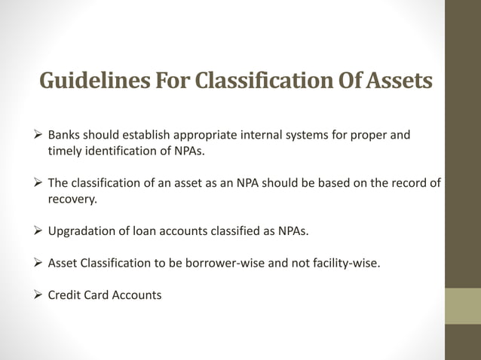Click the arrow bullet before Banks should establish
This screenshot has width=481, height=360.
coord(40,136)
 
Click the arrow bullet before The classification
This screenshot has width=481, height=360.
coord(40,182)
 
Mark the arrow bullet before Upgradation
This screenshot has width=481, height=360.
coord(40,230)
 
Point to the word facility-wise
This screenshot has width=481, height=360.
coord(348,263)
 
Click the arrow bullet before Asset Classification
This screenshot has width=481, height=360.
coord(40,263)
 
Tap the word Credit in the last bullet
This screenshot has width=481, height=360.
coord(65,295)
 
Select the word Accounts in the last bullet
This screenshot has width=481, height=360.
coord(136,295)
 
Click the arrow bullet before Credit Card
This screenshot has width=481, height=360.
coord(40,295)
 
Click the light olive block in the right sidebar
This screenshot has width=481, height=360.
coord(462,306)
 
